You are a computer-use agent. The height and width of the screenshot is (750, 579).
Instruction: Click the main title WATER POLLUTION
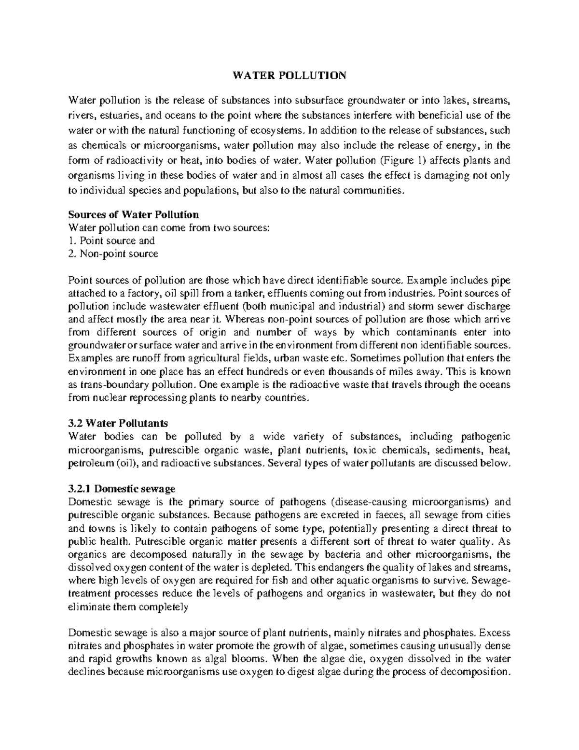(289, 75)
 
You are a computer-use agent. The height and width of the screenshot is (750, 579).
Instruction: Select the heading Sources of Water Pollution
(134, 214)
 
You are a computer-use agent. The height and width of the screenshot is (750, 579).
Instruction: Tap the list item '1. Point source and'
(111, 240)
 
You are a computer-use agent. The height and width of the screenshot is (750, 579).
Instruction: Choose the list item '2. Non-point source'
(113, 253)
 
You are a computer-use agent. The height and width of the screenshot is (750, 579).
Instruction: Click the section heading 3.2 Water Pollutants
(118, 423)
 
